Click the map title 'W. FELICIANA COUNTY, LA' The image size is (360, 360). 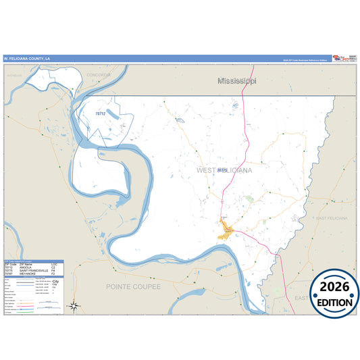(x=26, y=59)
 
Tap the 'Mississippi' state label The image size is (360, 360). (x=237, y=81)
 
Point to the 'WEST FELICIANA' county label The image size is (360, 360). (x=225, y=171)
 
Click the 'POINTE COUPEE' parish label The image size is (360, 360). (x=134, y=286)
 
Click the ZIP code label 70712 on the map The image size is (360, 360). (x=99, y=113)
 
